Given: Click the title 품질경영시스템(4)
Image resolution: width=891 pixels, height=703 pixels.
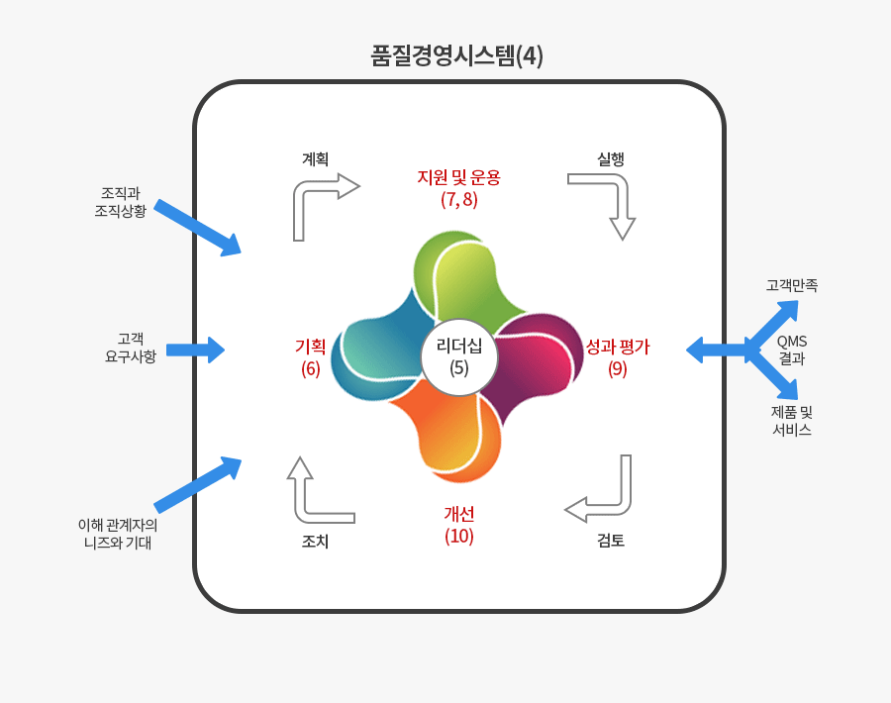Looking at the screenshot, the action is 456,55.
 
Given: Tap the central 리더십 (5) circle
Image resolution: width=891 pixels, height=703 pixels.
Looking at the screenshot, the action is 459,356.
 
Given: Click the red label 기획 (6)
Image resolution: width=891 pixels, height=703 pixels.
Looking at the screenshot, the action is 310,356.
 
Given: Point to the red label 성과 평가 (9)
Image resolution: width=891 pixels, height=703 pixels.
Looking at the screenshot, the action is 618,356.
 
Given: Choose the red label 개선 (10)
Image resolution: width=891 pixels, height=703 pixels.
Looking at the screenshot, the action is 459,525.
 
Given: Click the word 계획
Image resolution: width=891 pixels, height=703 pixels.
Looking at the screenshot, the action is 316,158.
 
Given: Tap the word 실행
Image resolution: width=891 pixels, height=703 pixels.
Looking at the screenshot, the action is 611,158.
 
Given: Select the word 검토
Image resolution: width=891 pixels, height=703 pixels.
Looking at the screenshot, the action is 611,540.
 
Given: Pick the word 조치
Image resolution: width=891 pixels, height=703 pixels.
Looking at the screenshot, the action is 316,541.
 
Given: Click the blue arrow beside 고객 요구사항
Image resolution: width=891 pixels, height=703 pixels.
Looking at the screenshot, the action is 195,350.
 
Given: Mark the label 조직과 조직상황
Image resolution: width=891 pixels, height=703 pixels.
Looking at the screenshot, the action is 121,202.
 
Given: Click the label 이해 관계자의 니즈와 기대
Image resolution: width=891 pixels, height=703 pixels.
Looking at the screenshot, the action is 118,534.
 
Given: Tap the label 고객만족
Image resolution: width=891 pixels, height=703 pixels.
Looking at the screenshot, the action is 792,285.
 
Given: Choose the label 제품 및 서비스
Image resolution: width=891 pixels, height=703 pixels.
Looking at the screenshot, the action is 792,421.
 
